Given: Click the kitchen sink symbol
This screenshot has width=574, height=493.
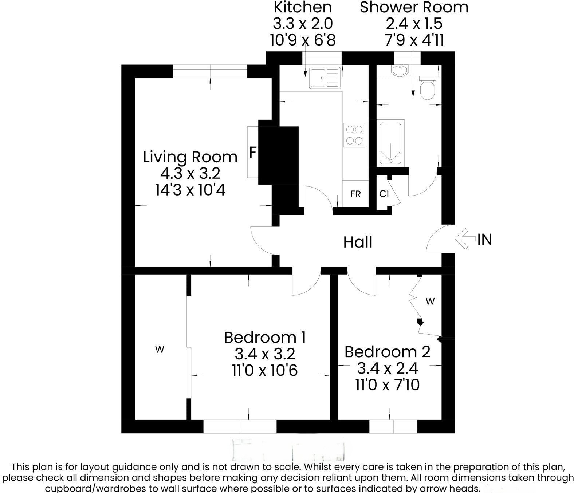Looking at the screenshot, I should [x=325, y=78].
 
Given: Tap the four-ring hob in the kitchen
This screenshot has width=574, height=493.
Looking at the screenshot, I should [x=354, y=135].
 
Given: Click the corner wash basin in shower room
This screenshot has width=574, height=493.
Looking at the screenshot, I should [x=400, y=71].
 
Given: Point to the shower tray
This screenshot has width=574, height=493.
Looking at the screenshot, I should [x=390, y=143].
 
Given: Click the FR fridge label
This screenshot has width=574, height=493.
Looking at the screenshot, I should [x=355, y=194].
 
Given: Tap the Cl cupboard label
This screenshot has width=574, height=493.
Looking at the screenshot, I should [x=384, y=194].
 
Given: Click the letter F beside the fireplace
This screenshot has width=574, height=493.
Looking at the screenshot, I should [x=253, y=153].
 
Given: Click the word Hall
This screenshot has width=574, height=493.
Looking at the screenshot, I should [x=358, y=242].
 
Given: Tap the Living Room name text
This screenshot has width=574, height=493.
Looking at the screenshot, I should [x=190, y=157].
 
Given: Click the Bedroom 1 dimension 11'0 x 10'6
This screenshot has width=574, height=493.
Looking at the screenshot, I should [x=265, y=371].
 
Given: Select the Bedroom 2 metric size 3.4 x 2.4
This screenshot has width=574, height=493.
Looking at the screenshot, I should [x=387, y=368].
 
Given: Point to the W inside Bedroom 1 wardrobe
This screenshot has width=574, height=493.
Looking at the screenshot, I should [x=160, y=350].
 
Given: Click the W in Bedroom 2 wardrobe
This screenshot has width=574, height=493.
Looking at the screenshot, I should [x=430, y=301].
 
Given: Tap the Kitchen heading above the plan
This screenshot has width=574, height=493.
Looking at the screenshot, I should [x=303, y=7].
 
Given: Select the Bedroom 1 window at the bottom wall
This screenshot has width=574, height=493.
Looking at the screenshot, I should [x=240, y=426].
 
